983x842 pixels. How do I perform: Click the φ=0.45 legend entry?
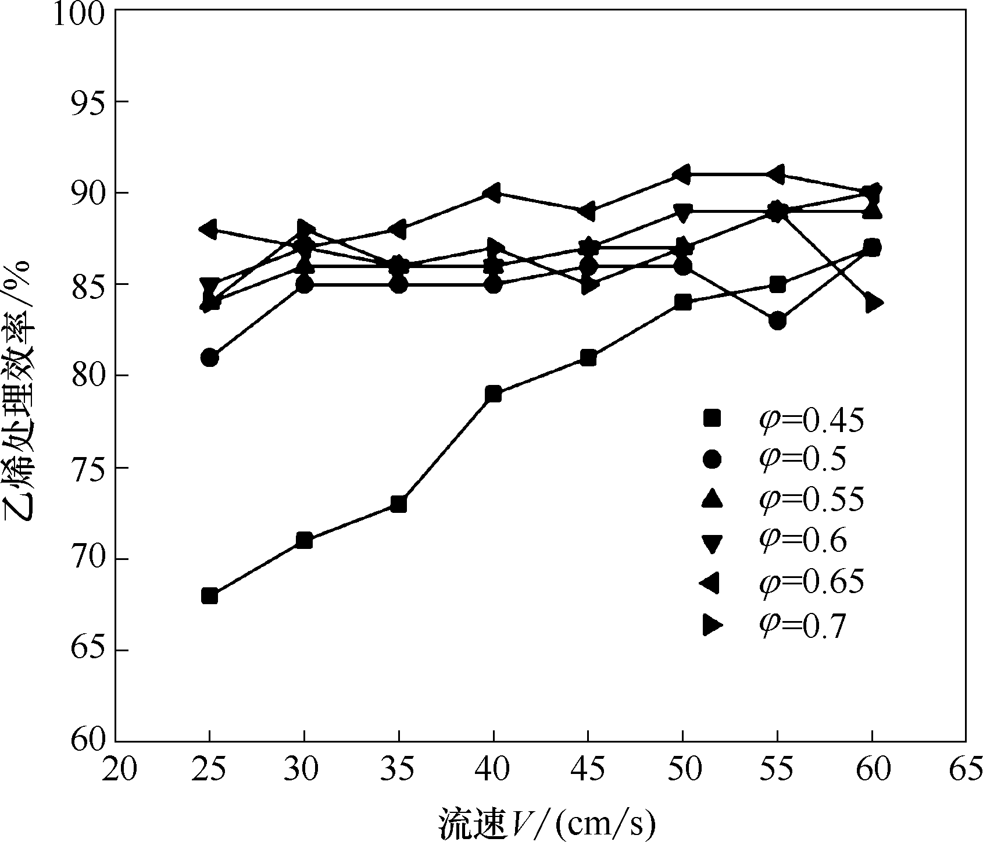(782, 420)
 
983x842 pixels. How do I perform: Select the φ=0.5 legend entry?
(773, 460)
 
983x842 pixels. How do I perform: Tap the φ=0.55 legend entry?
(782, 500)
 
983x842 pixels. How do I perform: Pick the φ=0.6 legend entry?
(773, 541)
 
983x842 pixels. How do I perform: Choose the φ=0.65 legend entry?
(782, 582)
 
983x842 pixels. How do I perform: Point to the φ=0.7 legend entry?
(773, 626)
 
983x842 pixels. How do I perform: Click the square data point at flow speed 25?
(210, 596)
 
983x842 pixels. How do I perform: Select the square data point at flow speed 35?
(399, 504)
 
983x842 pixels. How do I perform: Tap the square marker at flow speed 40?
(494, 394)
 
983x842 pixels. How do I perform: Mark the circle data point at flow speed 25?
(210, 358)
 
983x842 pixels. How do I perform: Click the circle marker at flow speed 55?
(778, 321)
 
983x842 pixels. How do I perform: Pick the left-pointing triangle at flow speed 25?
(209, 229)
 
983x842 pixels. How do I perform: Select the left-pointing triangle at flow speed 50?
(682, 174)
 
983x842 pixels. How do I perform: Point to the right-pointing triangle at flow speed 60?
(873, 303)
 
